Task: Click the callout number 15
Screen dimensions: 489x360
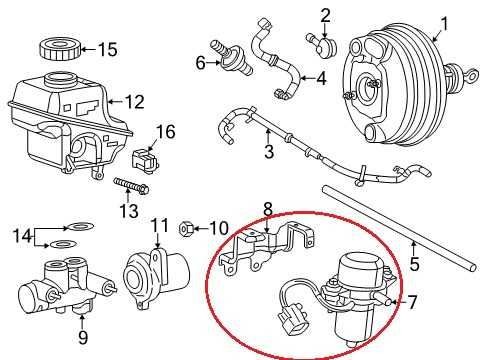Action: [108, 50]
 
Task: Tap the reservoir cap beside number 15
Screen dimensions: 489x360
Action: [61, 49]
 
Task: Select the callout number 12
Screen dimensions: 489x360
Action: [134, 102]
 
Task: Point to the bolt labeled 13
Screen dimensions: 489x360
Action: [131, 187]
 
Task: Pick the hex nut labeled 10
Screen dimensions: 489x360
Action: [186, 229]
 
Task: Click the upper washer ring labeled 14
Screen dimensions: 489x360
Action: [80, 227]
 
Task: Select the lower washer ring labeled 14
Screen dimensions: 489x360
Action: [63, 244]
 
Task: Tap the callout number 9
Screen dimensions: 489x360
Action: [83, 337]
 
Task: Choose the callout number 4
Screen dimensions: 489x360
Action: [321, 79]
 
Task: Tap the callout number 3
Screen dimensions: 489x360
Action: [269, 151]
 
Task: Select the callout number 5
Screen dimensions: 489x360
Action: [414, 263]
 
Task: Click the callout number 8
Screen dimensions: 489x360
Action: [268, 210]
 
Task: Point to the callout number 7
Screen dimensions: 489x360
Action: [412, 302]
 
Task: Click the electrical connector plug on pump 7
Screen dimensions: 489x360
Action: [292, 320]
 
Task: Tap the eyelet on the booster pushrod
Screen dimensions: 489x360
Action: [472, 76]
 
